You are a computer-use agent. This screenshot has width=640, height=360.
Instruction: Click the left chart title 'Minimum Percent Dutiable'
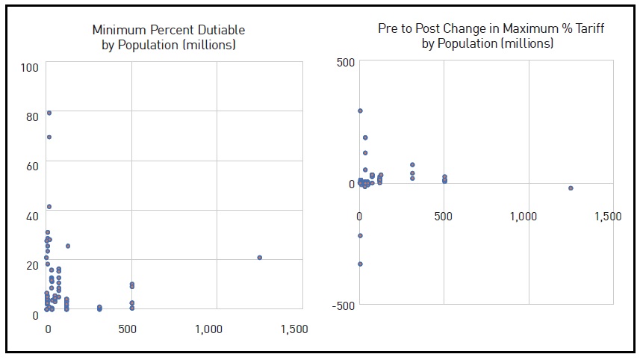tap(168, 31)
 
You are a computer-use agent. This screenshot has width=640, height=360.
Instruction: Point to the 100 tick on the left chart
tap(31, 68)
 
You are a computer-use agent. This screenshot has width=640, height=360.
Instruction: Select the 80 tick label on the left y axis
tap(32, 117)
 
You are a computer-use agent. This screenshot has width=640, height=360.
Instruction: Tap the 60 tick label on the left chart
tap(32, 166)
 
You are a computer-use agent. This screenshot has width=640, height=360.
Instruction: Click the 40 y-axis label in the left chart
tap(32, 216)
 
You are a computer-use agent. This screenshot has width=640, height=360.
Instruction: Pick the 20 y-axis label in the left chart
tap(32, 265)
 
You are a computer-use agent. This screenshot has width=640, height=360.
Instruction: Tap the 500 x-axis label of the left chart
tap(131, 329)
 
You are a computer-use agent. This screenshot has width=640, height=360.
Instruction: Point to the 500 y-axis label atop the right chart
tap(344, 62)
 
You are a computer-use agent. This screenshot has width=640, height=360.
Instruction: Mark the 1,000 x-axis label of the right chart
tap(524, 217)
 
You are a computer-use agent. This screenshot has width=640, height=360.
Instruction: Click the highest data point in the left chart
tap(49, 113)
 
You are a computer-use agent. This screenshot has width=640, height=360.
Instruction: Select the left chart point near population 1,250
tap(259, 258)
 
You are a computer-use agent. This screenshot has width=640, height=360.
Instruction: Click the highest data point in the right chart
tap(360, 111)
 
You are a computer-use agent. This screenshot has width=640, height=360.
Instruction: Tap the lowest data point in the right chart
tap(360, 264)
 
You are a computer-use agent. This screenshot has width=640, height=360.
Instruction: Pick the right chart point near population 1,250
tap(571, 188)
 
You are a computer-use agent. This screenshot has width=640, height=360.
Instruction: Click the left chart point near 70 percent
tap(49, 137)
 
